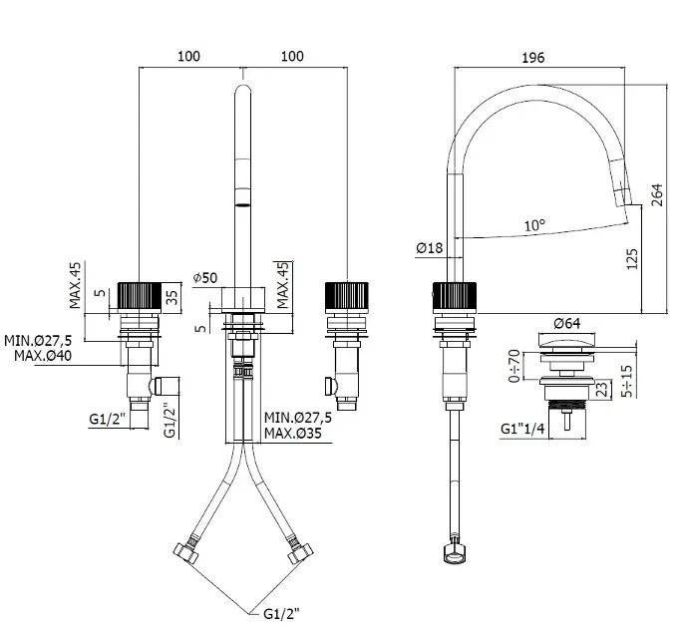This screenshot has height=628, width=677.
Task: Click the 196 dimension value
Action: click(532, 57)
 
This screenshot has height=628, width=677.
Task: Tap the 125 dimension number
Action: click(630, 261)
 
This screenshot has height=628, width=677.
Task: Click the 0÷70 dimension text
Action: click(514, 367)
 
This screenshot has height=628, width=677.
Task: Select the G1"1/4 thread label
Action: click(521, 430)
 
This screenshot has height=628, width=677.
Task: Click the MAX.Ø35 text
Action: click(296, 434)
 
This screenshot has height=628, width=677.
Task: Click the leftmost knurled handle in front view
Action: click(137, 297)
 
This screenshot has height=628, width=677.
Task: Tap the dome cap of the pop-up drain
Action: click(565, 345)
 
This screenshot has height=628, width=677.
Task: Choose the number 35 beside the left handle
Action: click(172, 296)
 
